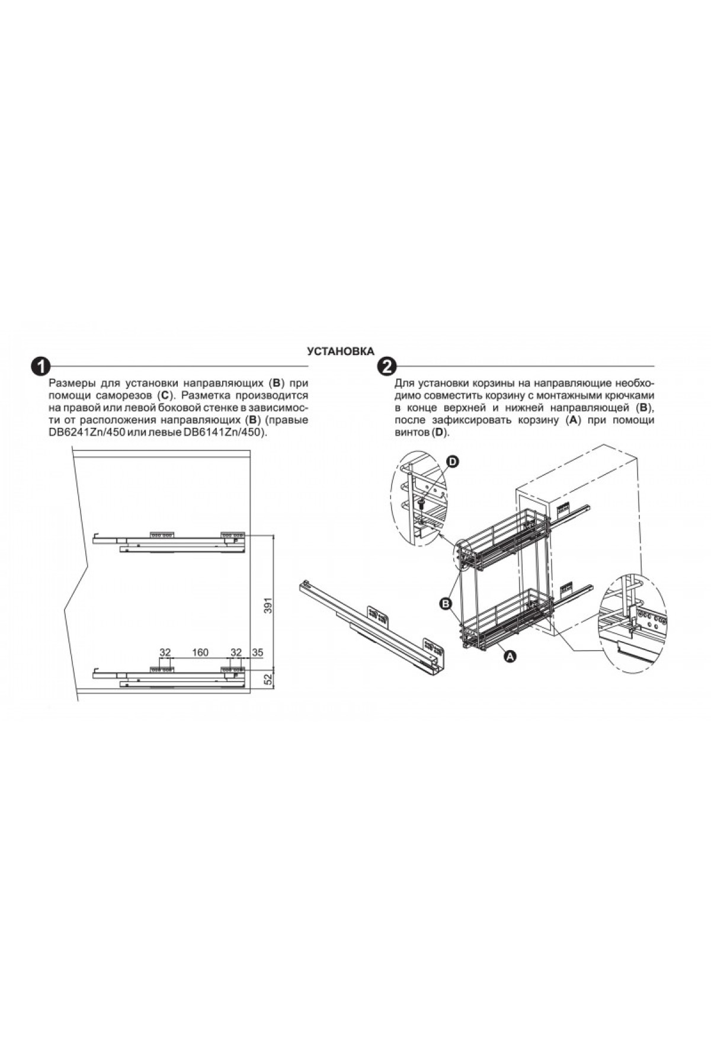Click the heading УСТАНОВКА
coord(340,351)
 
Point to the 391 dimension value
coord(268,604)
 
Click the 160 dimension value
coord(200,652)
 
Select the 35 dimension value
coord(257,652)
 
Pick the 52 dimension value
coord(268,677)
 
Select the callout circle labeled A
coord(509,656)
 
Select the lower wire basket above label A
coord(507,619)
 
